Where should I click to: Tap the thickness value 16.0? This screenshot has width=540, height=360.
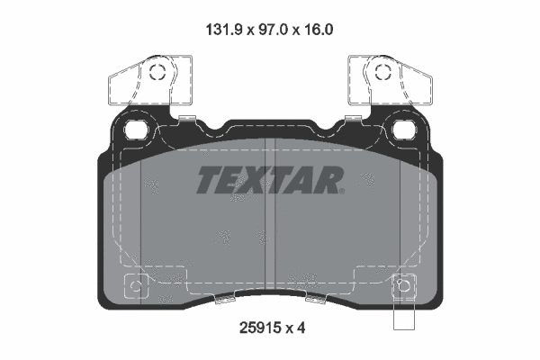(316, 29)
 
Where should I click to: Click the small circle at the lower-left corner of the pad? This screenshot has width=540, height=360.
(135, 287)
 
